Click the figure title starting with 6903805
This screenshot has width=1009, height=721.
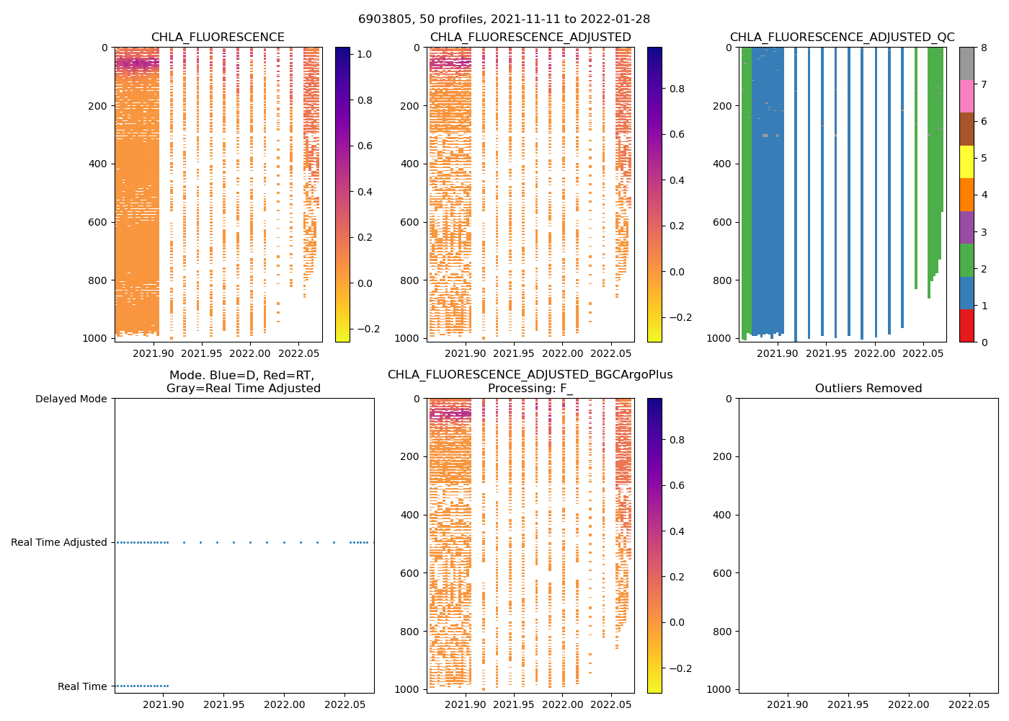pos(504,19)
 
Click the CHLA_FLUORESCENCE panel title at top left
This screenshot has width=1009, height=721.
pos(218,37)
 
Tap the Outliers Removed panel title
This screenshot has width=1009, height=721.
pos(868,389)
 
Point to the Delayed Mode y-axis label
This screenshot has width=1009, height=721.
pos(71,399)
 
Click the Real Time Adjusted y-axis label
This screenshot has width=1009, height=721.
pos(59,542)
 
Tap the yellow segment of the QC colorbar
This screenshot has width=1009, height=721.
pos(966,162)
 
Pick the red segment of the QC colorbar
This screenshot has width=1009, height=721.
pos(966,326)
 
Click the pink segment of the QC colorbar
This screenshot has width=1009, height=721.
pos(966,96)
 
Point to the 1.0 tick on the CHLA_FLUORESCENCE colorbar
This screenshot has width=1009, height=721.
pos(365,54)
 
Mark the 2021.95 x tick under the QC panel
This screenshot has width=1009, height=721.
pos(827,354)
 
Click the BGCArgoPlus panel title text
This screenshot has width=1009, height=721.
pos(530,375)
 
